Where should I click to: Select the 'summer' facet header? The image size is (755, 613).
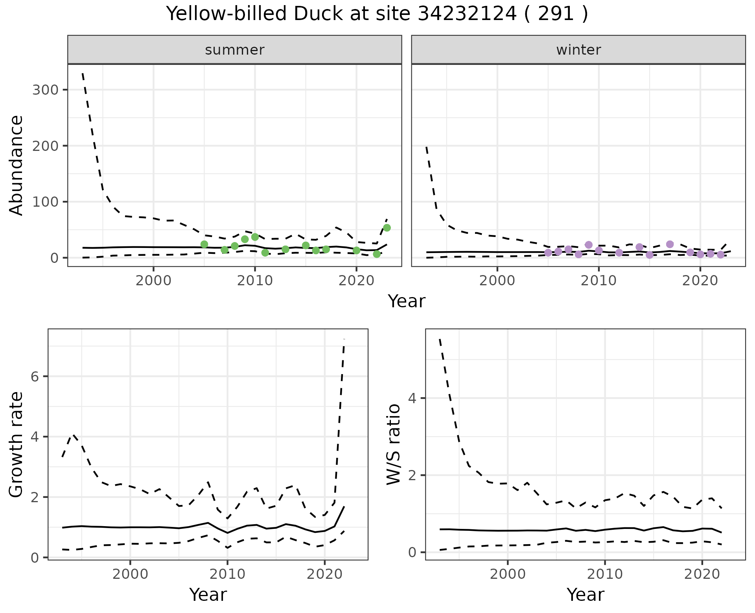(x=235, y=50)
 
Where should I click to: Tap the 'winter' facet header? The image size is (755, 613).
(x=578, y=50)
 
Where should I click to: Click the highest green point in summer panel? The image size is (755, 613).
(x=387, y=228)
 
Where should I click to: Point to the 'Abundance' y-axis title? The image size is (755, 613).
(x=16, y=165)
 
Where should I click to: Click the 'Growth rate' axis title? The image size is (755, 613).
(x=16, y=444)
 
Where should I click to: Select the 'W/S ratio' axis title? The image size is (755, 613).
(x=394, y=444)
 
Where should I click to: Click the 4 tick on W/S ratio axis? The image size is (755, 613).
(x=412, y=398)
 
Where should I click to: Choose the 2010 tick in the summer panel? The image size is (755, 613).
(x=255, y=281)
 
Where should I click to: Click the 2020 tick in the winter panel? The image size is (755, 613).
(x=700, y=281)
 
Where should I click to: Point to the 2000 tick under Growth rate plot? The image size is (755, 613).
(x=130, y=574)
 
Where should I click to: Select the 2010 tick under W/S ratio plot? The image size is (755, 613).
(x=605, y=574)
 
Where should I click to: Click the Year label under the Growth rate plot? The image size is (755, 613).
(x=208, y=595)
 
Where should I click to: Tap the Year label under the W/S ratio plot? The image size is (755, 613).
(x=586, y=595)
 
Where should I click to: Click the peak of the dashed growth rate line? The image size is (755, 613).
(x=344, y=340)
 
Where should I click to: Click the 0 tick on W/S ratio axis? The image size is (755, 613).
(x=412, y=552)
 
